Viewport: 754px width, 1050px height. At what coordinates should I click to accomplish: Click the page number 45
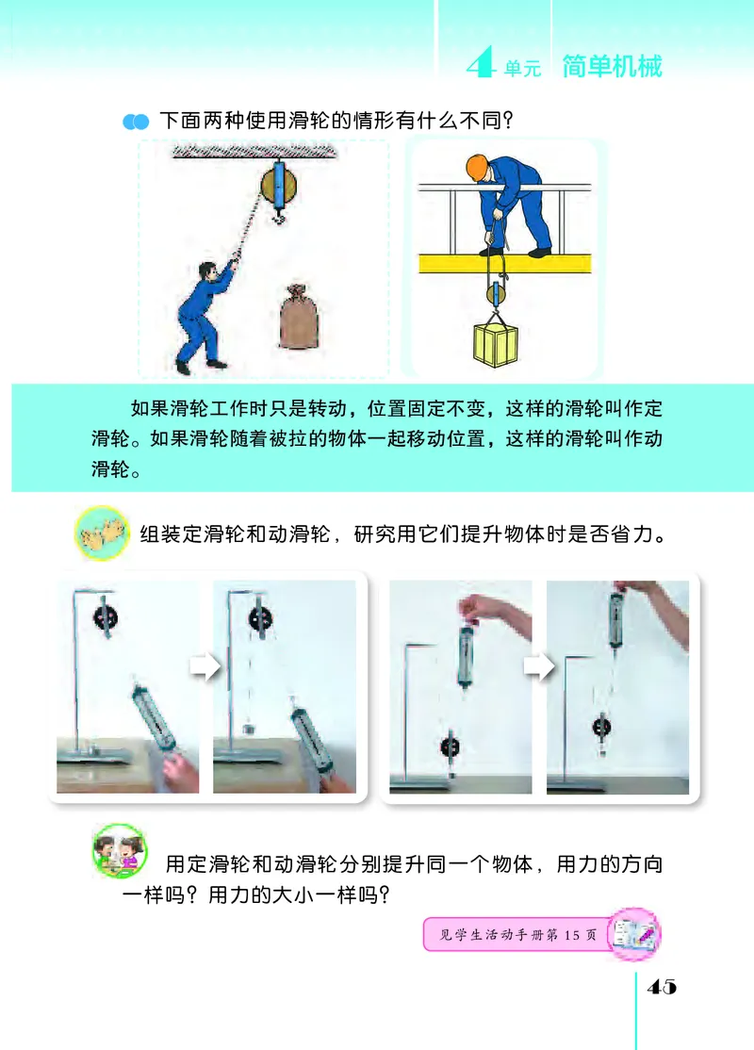(x=662, y=987)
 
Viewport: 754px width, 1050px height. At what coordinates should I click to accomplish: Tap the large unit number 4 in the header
(x=480, y=62)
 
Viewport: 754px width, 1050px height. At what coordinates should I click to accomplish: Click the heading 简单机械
(x=612, y=66)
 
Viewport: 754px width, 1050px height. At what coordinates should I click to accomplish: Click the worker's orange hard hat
(x=476, y=167)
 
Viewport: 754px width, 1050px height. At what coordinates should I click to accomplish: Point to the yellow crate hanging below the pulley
(x=496, y=345)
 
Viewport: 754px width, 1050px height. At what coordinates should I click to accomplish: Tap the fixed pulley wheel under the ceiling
(x=278, y=188)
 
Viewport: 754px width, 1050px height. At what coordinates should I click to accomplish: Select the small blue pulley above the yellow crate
(x=496, y=293)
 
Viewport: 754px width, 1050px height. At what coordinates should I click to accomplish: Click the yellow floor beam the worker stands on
(x=505, y=263)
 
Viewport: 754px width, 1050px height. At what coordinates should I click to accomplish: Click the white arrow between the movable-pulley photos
(x=539, y=666)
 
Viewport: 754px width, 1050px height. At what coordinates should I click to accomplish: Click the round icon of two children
(x=119, y=850)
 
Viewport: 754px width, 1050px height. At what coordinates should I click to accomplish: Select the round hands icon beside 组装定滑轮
(x=102, y=533)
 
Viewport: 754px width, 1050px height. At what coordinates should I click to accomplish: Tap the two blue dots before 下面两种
(x=136, y=122)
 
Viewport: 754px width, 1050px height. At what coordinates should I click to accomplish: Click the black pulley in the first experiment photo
(x=106, y=618)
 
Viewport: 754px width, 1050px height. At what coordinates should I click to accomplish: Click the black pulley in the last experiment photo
(x=601, y=727)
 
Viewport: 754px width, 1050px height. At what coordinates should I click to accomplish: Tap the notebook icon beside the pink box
(x=633, y=934)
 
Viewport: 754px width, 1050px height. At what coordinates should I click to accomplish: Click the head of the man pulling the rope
(x=208, y=271)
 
